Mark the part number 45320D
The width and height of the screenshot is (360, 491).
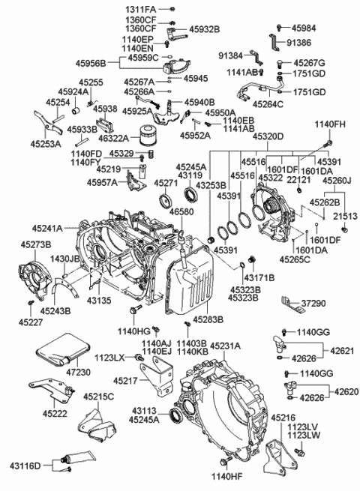[247, 137]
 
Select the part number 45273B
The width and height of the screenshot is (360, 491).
[34, 244]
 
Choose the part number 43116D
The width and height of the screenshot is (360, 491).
[27, 466]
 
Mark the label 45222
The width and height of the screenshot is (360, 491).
[54, 412]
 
